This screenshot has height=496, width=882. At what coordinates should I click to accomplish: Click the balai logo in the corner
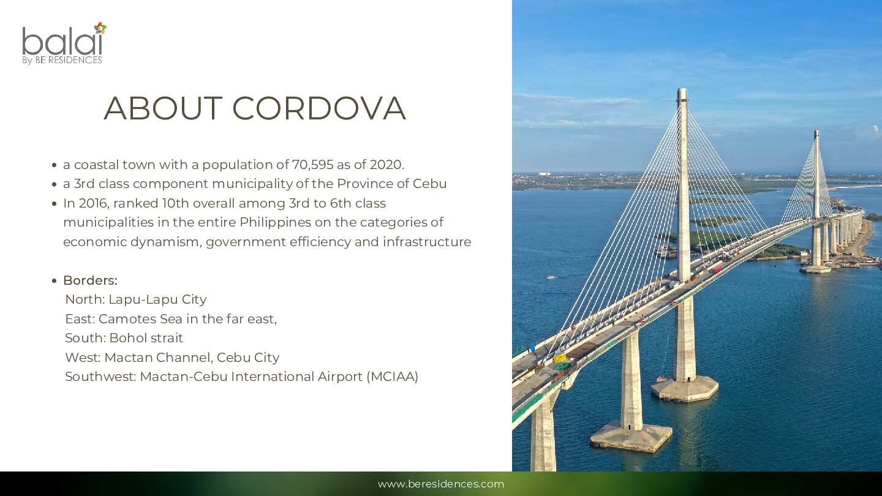[64, 43]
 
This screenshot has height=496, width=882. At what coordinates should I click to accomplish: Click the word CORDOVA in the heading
[319, 108]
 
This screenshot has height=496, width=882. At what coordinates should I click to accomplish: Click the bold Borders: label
[90, 280]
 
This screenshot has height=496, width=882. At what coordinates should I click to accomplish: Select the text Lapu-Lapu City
[157, 299]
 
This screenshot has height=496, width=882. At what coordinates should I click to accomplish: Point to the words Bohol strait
[146, 338]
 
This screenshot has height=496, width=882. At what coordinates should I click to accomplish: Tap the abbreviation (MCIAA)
[392, 377]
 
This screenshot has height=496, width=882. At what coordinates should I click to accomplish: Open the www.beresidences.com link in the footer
[441, 484]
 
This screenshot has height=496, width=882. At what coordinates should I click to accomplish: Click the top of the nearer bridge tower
[682, 91]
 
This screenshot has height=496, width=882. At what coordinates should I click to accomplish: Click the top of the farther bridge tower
[816, 132]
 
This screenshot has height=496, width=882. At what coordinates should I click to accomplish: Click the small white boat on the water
[552, 277]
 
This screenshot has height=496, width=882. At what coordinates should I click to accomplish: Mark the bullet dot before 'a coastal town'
[55, 165]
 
